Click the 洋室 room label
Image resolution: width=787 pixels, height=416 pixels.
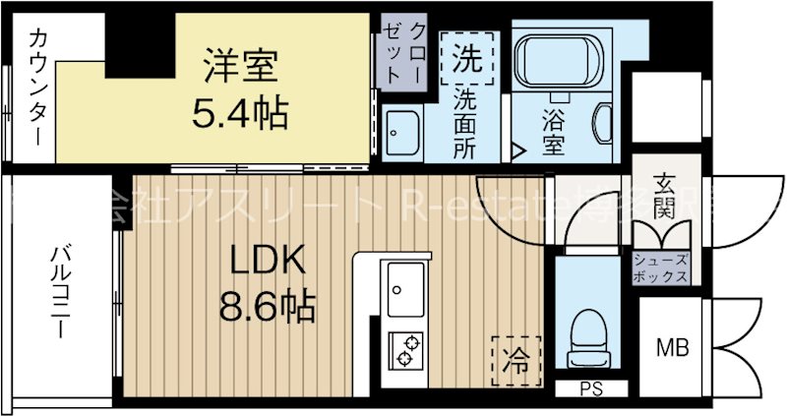240,69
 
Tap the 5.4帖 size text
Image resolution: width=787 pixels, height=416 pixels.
239,114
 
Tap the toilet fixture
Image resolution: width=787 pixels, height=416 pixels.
589,329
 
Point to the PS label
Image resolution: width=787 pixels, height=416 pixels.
589,388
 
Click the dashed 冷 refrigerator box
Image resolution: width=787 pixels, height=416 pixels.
515,353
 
